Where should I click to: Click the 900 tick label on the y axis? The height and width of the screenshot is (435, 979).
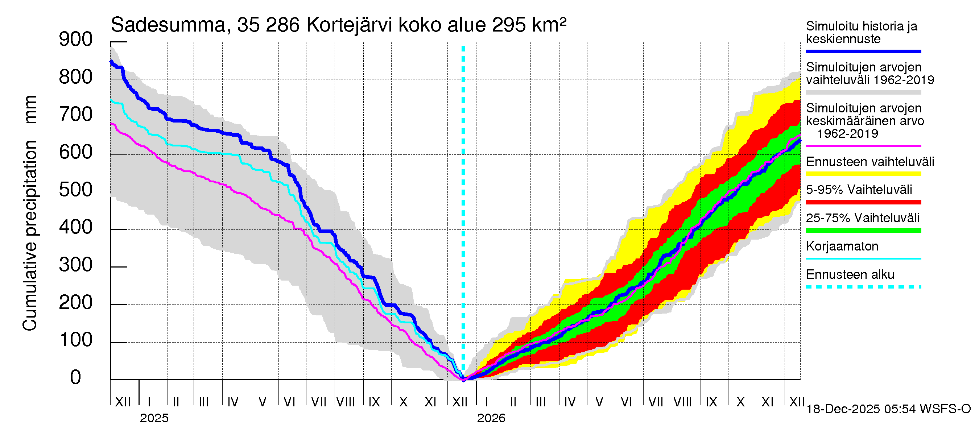click(76, 40)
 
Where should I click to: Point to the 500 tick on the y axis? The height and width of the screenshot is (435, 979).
click(76, 190)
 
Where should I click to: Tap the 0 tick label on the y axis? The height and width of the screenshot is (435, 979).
click(76, 378)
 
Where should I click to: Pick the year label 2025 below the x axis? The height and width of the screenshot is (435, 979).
click(154, 418)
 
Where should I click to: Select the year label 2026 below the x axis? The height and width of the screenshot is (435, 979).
click(491, 418)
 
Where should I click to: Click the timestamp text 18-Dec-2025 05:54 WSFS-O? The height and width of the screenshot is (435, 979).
click(888, 409)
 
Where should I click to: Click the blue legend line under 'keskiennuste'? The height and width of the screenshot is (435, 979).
click(863, 51)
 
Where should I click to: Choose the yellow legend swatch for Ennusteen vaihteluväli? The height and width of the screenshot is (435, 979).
click(863, 174)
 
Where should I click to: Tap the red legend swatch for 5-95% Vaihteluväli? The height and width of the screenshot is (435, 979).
click(863, 202)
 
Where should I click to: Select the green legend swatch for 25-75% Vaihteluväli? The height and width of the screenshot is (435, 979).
click(863, 230)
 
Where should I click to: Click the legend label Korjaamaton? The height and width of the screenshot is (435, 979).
click(842, 246)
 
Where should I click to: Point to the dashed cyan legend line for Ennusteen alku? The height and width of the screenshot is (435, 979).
click(863, 287)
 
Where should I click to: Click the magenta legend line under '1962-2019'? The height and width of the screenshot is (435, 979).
click(863, 146)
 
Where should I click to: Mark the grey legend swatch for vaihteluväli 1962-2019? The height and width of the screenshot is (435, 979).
click(863, 92)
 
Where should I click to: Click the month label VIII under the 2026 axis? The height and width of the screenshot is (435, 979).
click(682, 402)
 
